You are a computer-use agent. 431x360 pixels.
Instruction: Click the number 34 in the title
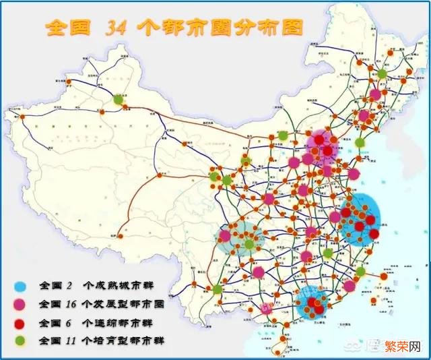(x=117, y=27)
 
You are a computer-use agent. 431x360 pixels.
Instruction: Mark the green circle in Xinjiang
(x=119, y=99)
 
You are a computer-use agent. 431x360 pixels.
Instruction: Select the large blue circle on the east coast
(x=361, y=219)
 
